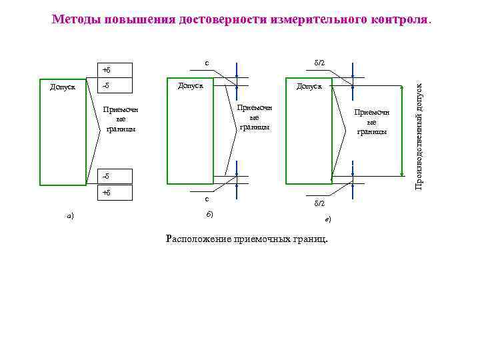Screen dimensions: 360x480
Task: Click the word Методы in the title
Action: (x=75, y=19)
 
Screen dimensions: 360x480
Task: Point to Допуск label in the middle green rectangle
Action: (x=189, y=85)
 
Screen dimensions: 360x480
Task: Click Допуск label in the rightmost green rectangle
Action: (x=309, y=86)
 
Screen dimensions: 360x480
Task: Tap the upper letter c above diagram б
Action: (x=207, y=64)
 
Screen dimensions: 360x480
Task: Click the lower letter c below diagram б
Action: (x=207, y=198)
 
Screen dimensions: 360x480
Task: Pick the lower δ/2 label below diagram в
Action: (x=319, y=203)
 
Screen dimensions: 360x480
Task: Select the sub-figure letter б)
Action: (x=209, y=213)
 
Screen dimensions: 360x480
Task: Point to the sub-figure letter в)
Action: (x=327, y=219)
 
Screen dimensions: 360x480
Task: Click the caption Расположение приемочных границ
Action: (x=246, y=239)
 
